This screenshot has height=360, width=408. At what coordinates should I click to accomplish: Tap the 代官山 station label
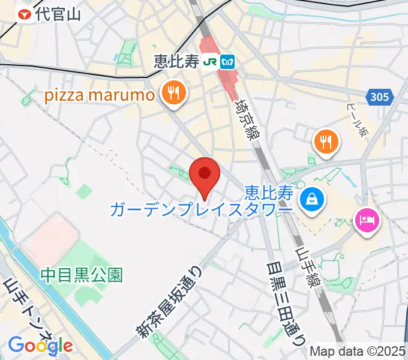point(58,15)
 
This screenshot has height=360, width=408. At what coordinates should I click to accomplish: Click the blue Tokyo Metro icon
point(227,61)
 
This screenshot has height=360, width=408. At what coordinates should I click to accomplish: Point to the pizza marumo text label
point(98,95)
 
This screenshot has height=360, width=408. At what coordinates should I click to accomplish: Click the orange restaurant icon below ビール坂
point(326,142)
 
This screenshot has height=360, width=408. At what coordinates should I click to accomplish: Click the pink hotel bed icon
point(367,220)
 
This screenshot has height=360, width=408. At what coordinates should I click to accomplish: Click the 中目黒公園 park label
point(82,275)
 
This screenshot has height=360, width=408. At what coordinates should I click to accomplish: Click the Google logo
point(40,345)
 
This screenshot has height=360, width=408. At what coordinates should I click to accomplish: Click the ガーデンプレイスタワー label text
point(201,208)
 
